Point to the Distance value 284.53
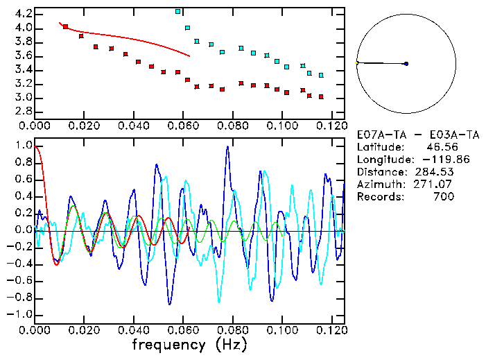[x=434, y=171]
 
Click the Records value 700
[x=443, y=196]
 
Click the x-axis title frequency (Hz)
[x=189, y=344]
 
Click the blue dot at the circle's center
[x=406, y=64]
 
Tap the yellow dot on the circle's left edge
[x=357, y=63]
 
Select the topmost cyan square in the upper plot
[x=178, y=12]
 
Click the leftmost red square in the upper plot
[x=66, y=27]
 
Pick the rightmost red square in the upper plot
[x=321, y=96]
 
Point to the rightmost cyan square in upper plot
[x=321, y=75]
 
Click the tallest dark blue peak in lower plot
[x=227, y=147]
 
